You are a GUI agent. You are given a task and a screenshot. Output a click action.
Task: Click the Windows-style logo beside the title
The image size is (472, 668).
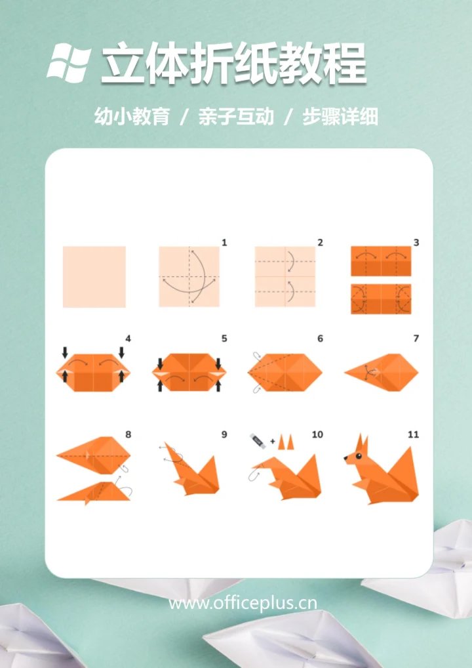69,62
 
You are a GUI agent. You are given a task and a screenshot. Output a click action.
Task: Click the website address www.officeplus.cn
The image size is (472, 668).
243,602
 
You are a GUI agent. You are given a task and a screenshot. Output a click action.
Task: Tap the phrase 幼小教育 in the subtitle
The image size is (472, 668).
132,117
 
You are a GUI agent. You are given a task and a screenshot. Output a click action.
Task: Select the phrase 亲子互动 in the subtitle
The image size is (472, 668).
236,117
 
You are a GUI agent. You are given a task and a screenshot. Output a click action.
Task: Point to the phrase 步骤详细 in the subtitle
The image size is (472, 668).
340,117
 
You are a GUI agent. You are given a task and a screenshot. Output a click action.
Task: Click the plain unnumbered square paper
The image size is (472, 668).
94,276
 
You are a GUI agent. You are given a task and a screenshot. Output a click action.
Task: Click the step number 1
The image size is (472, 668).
224,243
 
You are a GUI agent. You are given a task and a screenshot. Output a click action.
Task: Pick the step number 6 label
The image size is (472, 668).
320,339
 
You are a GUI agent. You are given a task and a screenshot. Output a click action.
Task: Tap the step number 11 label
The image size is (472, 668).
413,434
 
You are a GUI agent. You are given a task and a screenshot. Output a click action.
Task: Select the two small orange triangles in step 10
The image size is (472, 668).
285,442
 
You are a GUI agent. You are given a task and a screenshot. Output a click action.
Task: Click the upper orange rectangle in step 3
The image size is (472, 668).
381,261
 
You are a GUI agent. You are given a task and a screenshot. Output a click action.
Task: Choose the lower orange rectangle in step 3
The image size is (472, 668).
381,299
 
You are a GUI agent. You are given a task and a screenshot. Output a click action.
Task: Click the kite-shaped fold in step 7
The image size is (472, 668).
383,372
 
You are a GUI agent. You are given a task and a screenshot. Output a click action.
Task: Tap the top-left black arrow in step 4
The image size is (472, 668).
65,352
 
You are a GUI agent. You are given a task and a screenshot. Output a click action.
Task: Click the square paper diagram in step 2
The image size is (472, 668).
285,276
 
